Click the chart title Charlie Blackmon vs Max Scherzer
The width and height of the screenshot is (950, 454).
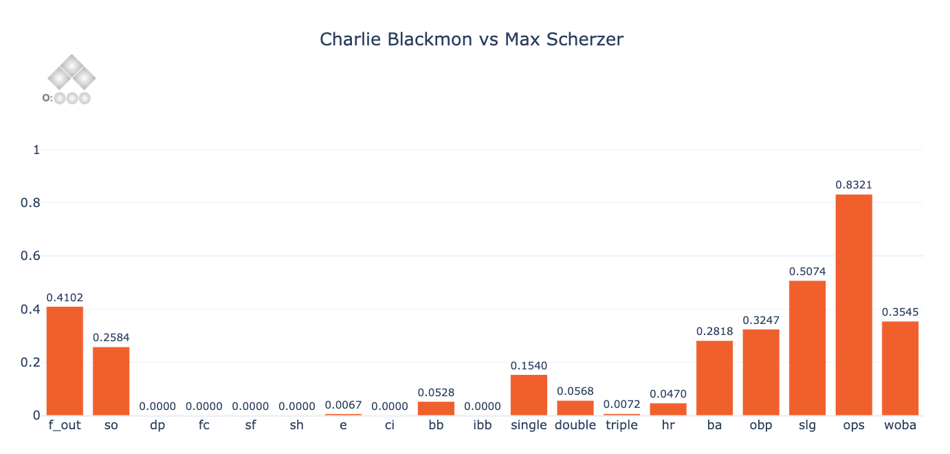[x=472, y=39]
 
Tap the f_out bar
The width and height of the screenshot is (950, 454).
[x=65, y=360]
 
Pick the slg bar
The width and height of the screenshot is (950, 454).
[x=807, y=347]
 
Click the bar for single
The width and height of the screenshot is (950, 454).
[x=529, y=395]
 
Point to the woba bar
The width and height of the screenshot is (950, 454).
[x=900, y=368]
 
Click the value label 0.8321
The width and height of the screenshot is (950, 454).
[x=854, y=185]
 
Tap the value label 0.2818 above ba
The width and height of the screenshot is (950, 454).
[x=714, y=332]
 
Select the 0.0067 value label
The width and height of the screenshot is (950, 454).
[x=343, y=404]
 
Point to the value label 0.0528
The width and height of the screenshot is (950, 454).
[x=436, y=393]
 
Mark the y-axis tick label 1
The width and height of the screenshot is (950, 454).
[x=36, y=150]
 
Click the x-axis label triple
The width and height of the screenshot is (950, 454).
[x=621, y=425]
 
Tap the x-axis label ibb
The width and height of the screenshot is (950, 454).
[x=482, y=425]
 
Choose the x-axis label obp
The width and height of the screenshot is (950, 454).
[x=761, y=425]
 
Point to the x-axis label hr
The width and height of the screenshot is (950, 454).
[x=668, y=425]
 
